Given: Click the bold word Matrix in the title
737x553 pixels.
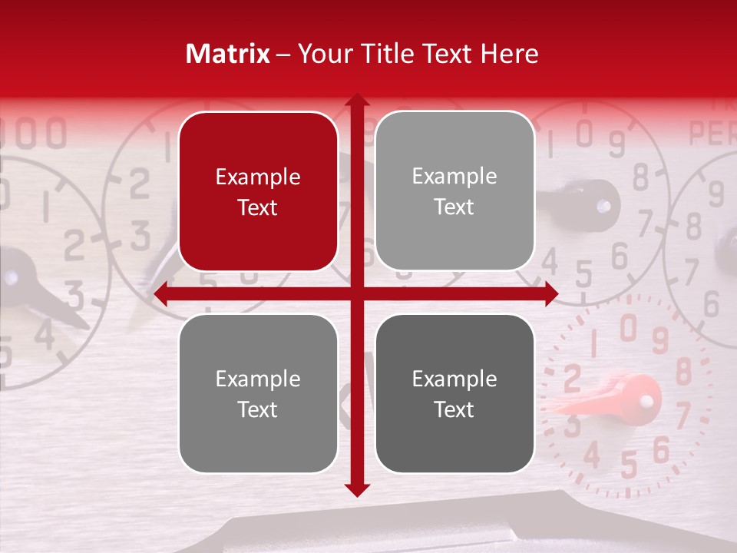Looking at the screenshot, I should [x=227, y=54].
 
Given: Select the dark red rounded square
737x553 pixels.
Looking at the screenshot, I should [x=258, y=192].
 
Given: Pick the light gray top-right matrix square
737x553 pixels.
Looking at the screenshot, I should [x=454, y=192].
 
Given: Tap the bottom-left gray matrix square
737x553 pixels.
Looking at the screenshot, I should [x=258, y=393].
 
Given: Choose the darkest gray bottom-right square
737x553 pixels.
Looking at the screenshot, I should [x=454, y=393].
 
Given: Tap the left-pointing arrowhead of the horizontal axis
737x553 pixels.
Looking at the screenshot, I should [x=161, y=294].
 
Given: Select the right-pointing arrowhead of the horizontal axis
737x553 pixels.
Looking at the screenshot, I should [x=551, y=294].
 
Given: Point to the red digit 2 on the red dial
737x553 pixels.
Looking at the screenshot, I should [x=571, y=378].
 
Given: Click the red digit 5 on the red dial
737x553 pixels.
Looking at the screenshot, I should [x=630, y=464].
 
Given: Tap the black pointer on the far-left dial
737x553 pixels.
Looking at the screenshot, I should [x=38, y=292].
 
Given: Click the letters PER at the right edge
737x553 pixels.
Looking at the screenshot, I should [x=712, y=134].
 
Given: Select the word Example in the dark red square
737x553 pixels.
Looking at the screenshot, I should [x=258, y=177].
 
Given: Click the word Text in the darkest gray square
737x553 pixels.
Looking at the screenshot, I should [x=454, y=409].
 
